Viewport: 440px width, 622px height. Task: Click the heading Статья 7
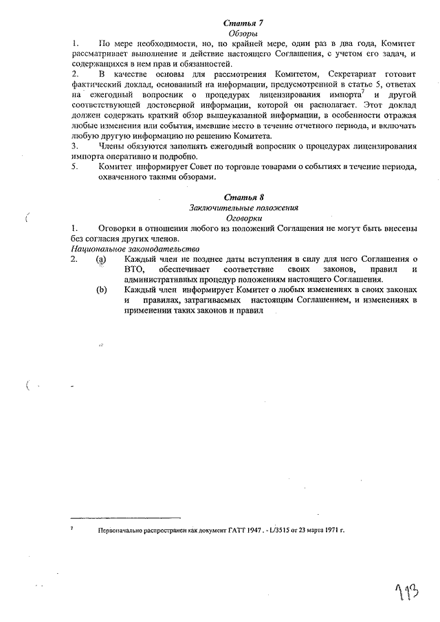243,23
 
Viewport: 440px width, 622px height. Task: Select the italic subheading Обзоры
243,33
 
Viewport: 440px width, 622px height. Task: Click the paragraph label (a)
102,259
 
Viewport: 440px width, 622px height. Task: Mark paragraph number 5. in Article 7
75,167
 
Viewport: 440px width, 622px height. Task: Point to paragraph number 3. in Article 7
75,146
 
